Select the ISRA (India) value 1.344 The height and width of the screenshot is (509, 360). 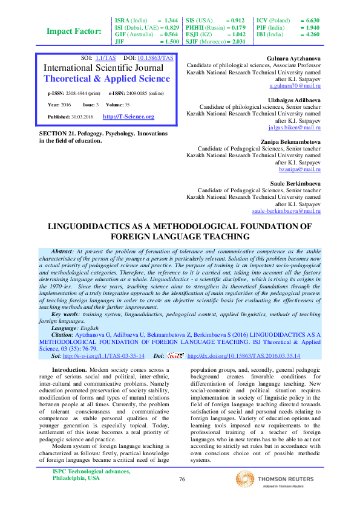pyautogui.click(x=171, y=20)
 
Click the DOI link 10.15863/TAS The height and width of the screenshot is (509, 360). pyautogui.click(x=155, y=58)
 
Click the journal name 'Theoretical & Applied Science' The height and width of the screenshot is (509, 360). pyautogui.click(x=107, y=79)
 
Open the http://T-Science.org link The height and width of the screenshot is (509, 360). pyautogui.click(x=128, y=117)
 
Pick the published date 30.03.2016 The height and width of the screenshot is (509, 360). pyautogui.click(x=85, y=117)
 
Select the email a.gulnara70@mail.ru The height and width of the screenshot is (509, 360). pyautogui.click(x=295, y=86)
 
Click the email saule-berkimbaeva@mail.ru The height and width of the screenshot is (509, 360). pyautogui.click(x=286, y=211)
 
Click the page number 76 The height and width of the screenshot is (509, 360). pyautogui.click(x=182, y=479)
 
